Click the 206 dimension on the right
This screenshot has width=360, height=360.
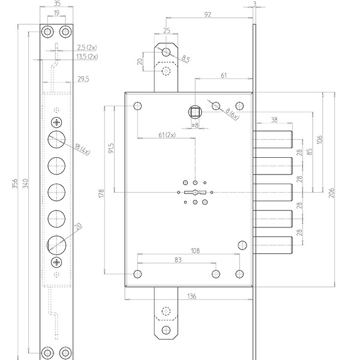click(332, 192)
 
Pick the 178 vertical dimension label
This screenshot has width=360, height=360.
click(101, 193)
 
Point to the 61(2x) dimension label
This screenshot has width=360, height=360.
click(166, 135)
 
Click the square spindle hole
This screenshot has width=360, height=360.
click(195, 110)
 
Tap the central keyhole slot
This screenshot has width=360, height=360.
click(195, 192)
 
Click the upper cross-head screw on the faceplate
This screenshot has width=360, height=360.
click(57, 122)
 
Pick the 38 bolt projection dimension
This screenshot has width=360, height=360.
click(274, 120)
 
